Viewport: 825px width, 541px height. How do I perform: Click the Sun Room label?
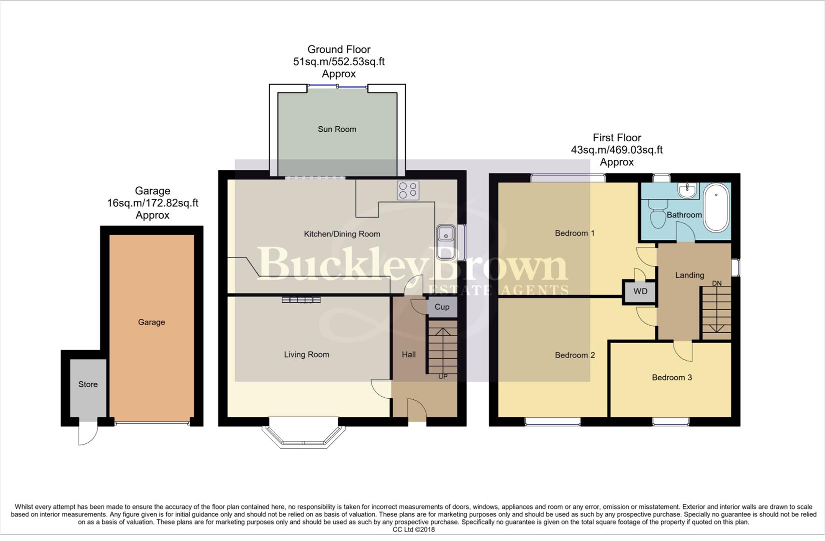[337, 129]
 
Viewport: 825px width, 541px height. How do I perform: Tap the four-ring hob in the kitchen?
[408, 190]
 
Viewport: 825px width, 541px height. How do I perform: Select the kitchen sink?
[444, 241]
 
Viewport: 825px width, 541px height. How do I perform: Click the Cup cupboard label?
[442, 307]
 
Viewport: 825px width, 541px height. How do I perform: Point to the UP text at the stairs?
[443, 377]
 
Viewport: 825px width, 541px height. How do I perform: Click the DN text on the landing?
[716, 284]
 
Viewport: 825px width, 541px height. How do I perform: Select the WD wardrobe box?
[640, 292]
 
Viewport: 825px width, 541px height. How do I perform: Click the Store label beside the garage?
[88, 384]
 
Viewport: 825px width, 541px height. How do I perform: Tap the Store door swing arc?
[87, 433]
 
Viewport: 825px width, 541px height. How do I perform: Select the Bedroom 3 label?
[671, 377]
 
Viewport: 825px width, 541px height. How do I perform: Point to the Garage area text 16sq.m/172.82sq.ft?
[153, 203]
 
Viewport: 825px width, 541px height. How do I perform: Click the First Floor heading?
[616, 138]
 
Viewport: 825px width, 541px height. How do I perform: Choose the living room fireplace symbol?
[301, 300]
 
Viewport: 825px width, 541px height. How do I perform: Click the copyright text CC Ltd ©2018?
[413, 529]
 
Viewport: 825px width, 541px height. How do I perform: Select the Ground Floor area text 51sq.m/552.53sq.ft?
[339, 62]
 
